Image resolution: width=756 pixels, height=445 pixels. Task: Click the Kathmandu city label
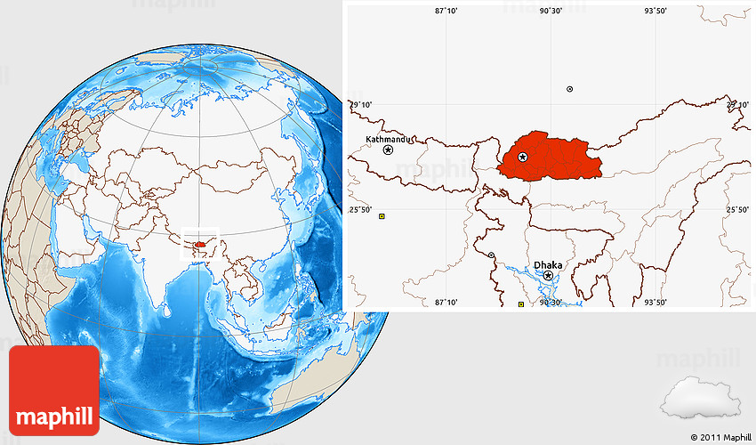[x=389, y=140]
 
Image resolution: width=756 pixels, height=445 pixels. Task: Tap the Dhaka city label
[x=548, y=265]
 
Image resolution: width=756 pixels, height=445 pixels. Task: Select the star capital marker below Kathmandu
[x=389, y=150]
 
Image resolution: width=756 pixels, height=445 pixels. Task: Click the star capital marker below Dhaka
[x=548, y=276]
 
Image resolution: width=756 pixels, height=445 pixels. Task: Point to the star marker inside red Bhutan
[x=523, y=158]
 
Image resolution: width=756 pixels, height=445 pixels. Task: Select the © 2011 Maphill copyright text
[x=720, y=437]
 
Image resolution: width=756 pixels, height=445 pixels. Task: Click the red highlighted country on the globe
[x=201, y=241]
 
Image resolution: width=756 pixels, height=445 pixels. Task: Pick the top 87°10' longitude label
[x=446, y=11]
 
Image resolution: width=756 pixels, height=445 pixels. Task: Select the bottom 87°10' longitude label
[x=446, y=303]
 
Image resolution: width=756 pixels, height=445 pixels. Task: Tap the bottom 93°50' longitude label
[x=655, y=303]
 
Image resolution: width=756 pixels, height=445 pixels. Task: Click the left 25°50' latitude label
[x=360, y=210]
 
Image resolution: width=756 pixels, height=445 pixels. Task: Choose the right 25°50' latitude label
[x=737, y=210]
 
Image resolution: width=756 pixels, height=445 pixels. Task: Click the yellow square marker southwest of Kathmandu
[x=382, y=216]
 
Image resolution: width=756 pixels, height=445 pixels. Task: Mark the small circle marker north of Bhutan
[x=570, y=89]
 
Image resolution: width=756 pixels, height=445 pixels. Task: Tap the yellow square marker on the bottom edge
[x=521, y=304]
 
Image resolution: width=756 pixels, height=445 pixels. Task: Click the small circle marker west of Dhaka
[x=492, y=255]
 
